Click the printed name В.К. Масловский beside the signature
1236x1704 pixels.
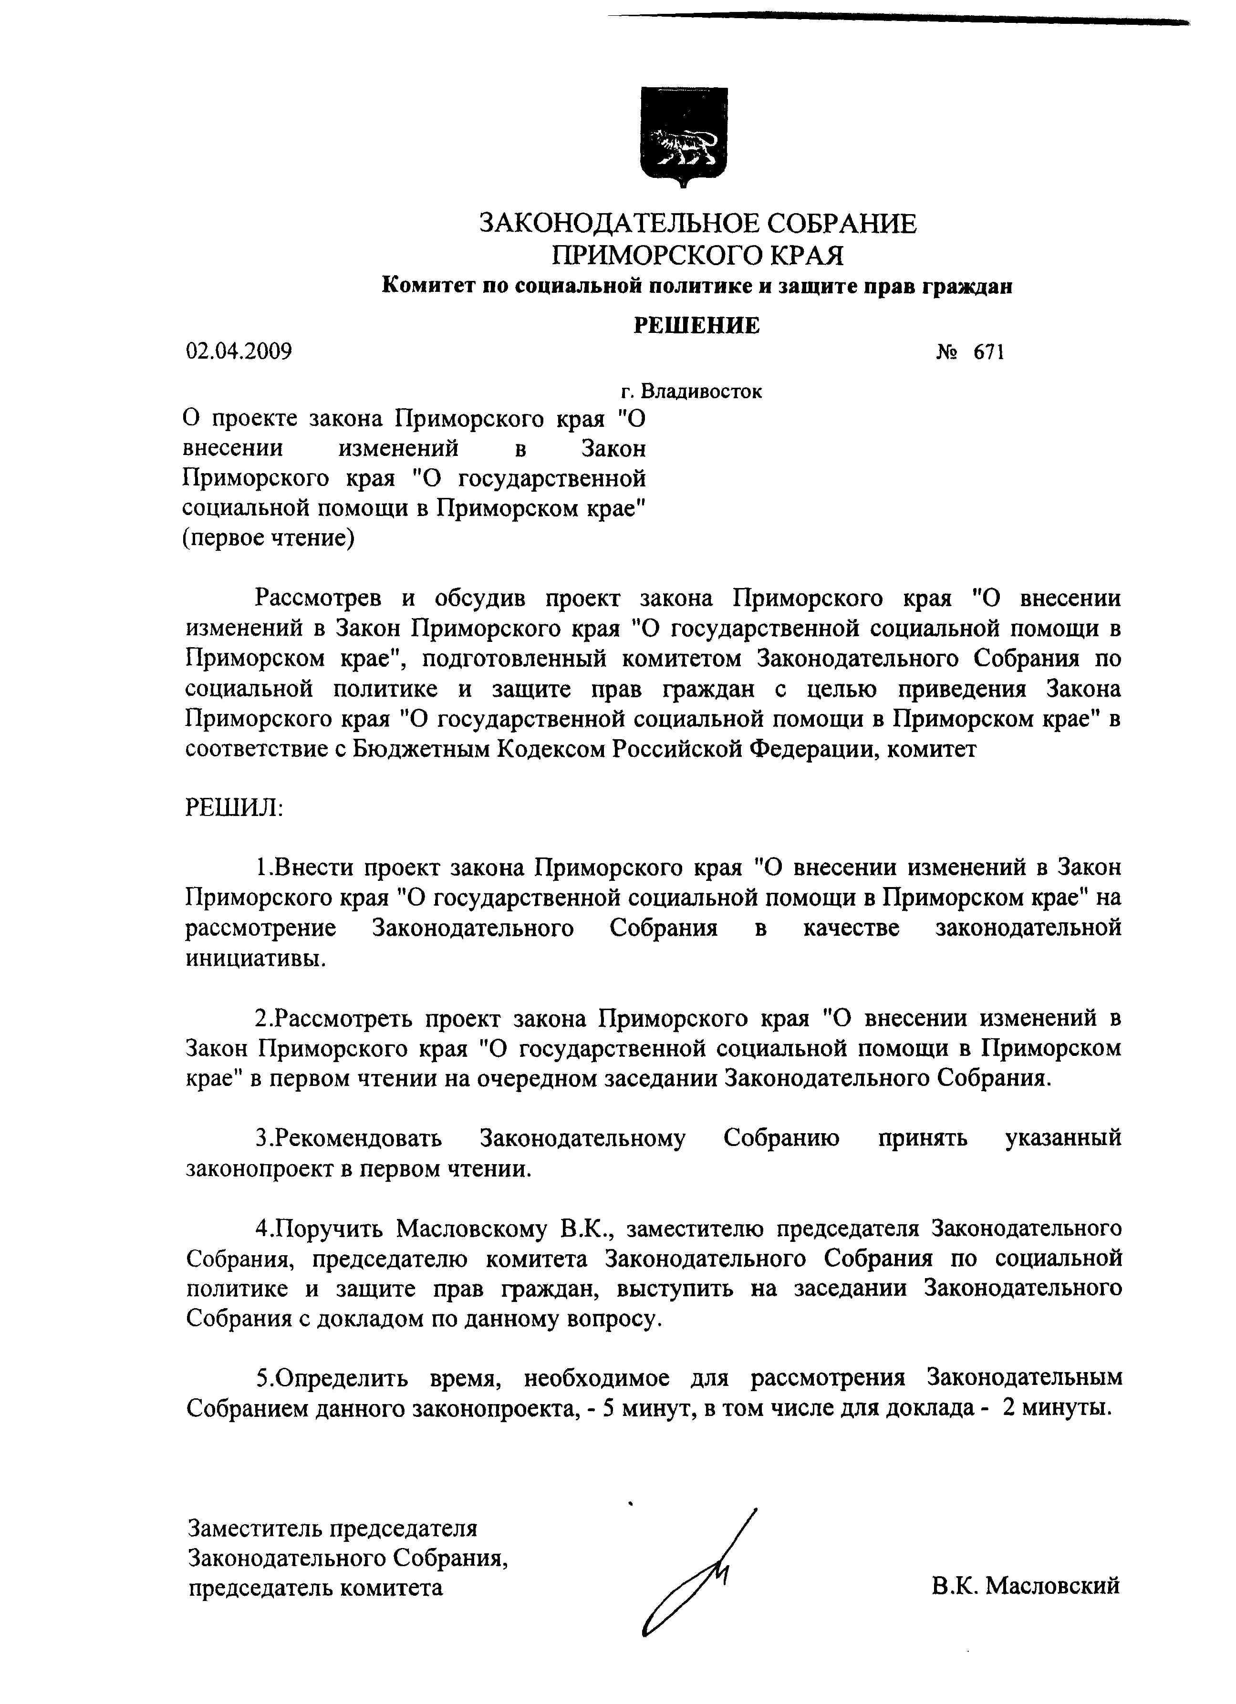(1026, 1585)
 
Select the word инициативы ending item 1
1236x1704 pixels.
(256, 959)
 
